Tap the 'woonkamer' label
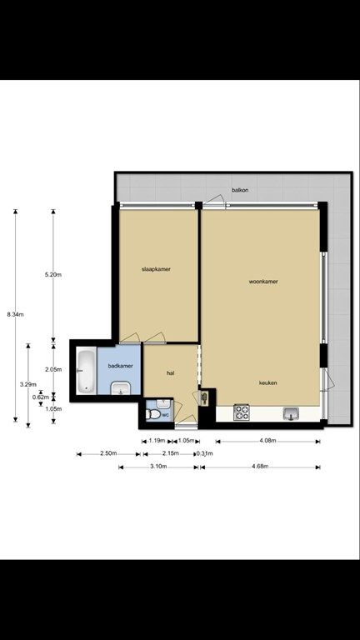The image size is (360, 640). click(263, 282)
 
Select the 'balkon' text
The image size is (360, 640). click(241, 191)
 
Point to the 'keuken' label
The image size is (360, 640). click(267, 382)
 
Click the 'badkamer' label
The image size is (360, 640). click(120, 365)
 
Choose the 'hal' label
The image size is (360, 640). click(170, 373)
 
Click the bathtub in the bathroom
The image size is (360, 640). click(85, 371)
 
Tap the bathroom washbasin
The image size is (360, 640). click(120, 387)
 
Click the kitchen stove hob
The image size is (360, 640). click(242, 412)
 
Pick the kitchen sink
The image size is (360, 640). click(291, 412)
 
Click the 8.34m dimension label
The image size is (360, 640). click(15, 314)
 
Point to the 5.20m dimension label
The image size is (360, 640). click(52, 274)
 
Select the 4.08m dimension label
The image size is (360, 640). click(267, 441)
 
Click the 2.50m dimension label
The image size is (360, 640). click(108, 454)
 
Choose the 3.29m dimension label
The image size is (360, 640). click(27, 384)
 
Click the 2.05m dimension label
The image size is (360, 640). click(52, 369)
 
